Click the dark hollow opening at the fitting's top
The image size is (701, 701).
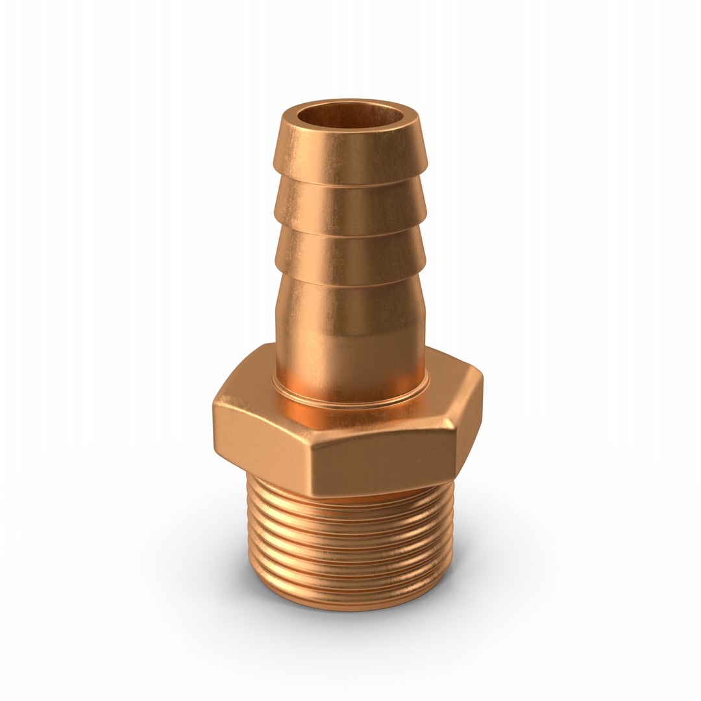(x=350, y=117)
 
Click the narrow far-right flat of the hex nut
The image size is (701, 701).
(x=467, y=415)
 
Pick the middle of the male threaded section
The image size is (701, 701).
(x=350, y=552)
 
